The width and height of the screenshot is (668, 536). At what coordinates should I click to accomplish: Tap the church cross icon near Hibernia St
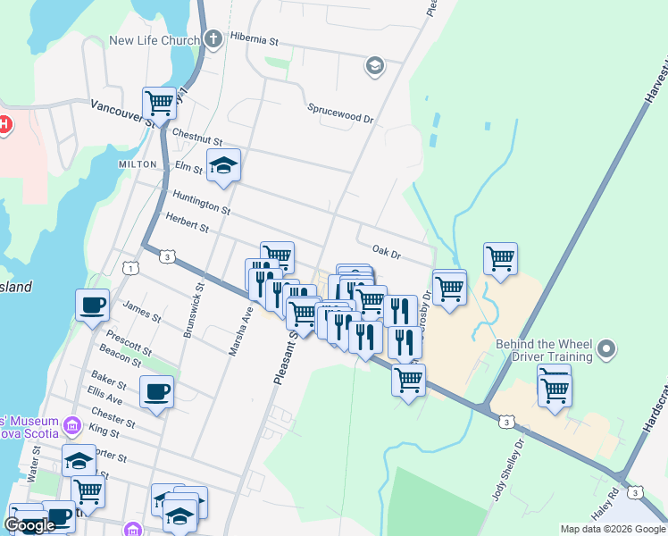coord(213,39)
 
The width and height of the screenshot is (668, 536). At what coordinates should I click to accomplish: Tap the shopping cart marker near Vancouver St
coord(159,103)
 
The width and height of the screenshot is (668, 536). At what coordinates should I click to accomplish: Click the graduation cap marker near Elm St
coord(223,165)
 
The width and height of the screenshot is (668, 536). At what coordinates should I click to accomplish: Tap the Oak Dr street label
coord(387,252)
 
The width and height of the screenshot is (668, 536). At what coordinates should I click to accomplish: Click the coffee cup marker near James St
coord(93,306)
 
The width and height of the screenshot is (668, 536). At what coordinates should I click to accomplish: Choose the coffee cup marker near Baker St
coord(157,391)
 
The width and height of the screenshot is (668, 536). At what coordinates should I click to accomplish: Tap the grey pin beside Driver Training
coord(607,348)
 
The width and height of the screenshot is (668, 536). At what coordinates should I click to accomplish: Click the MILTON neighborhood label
coord(137,165)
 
